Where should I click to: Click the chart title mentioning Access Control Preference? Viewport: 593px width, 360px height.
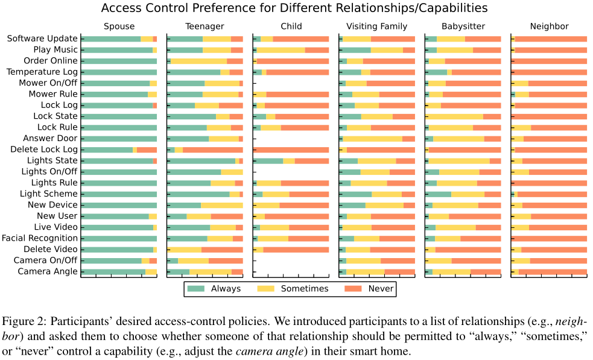click(294, 8)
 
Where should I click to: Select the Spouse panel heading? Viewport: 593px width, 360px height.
click(119, 27)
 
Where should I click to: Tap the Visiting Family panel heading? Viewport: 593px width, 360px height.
click(376, 27)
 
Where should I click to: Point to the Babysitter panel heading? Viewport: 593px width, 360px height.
click(463, 27)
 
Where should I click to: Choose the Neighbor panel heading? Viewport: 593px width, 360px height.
click(549, 27)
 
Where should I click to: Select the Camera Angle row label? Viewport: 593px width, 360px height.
click(48, 271)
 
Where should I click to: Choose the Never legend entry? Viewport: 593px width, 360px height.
click(381, 289)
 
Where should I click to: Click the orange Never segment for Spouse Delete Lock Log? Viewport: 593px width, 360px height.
click(147, 150)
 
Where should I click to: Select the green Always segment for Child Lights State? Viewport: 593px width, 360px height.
click(268, 160)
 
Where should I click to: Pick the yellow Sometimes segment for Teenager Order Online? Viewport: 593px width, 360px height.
click(198, 61)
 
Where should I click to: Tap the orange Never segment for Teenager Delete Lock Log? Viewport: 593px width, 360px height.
click(212, 150)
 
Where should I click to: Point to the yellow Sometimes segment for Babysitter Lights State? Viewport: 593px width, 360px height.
click(459, 160)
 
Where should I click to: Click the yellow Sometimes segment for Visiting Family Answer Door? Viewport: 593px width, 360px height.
click(372, 139)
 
